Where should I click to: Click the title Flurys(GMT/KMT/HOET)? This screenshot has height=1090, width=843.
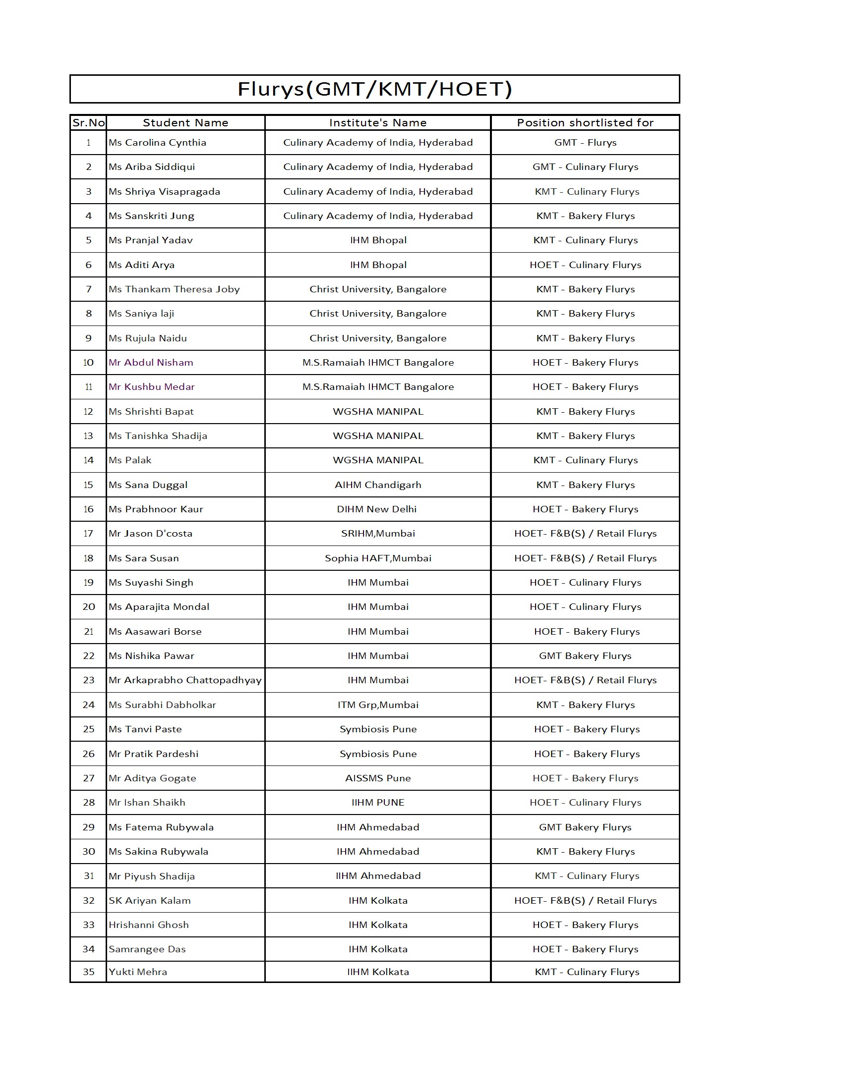374,89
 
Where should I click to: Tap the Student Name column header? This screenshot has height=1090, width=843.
185,123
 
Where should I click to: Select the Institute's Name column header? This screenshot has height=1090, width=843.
377,123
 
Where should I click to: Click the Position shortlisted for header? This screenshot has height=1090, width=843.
585,123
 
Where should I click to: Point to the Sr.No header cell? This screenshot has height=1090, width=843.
88,123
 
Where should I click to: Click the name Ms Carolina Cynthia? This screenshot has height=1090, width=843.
157,143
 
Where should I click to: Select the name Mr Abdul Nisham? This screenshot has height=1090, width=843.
151,363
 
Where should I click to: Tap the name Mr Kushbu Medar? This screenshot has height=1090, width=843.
151,387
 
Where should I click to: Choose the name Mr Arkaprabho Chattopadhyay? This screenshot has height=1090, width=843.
185,680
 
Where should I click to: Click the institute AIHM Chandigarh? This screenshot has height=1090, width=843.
377,485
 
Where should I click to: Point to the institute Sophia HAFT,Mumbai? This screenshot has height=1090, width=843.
377,558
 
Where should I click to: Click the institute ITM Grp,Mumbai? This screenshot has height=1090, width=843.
377,705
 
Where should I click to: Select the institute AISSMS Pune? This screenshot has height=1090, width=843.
377,778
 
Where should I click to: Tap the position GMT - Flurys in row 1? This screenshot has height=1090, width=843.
585,143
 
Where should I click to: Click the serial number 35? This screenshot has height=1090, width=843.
88,972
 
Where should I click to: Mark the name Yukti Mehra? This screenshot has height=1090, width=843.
138,972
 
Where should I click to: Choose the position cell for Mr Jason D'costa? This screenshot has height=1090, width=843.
585,534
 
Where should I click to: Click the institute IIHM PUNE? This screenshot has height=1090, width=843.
377,803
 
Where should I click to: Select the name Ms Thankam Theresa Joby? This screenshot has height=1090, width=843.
174,289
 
